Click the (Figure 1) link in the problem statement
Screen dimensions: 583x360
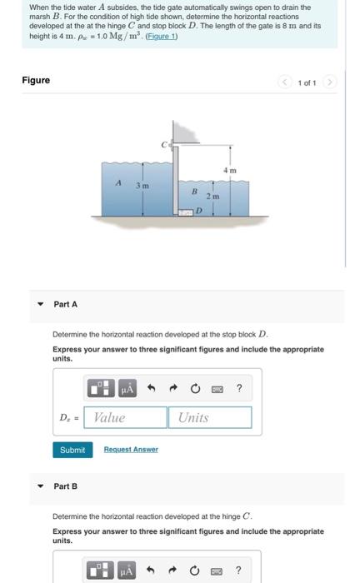click(169, 36)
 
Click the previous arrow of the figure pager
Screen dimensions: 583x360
click(284, 81)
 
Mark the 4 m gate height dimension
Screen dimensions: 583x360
click(231, 170)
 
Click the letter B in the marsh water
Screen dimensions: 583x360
click(192, 191)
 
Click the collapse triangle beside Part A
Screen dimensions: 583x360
click(39, 305)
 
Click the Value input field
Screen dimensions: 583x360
click(126, 417)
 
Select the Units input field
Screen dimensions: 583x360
click(210, 417)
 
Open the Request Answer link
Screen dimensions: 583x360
click(131, 450)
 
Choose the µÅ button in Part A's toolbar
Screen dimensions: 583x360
click(127, 387)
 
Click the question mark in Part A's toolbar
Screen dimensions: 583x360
click(239, 387)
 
